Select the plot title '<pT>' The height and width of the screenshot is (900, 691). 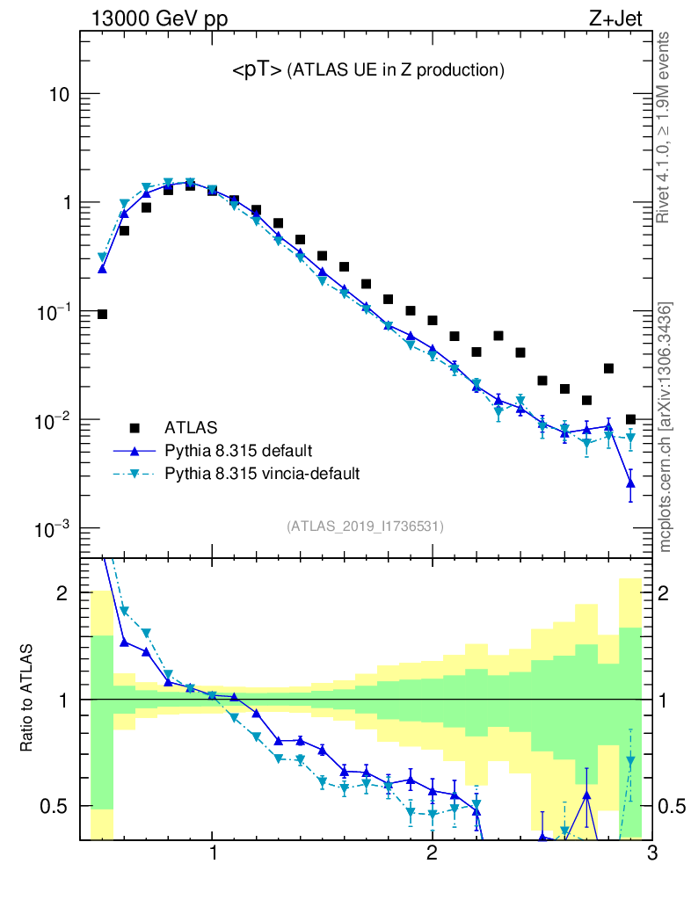tap(257, 71)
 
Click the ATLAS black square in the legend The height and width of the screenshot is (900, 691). tap(135, 428)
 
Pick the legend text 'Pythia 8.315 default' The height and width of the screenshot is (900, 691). tap(238, 451)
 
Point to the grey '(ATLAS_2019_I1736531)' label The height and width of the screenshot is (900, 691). tap(365, 526)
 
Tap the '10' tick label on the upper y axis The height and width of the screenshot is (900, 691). tap(58, 95)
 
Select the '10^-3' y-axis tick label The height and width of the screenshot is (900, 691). tap(53, 529)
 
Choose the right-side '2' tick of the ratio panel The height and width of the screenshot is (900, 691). tap(672, 593)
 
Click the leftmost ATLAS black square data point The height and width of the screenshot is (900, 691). tap(102, 314)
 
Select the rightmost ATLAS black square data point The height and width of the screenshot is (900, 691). tap(630, 419)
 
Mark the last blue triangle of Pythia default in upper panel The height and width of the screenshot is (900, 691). tap(630, 483)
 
